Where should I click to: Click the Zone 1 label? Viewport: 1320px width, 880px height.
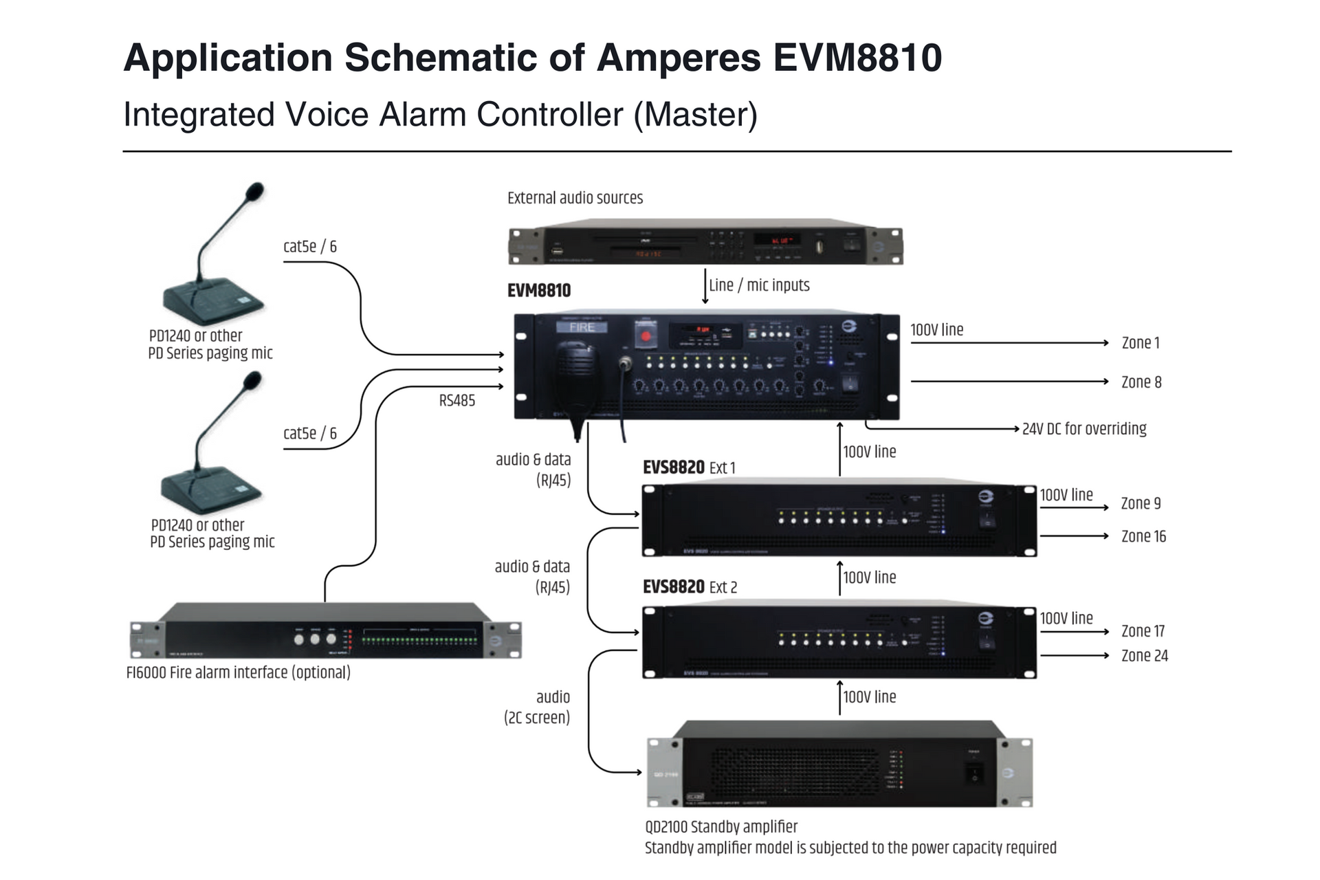(x=1140, y=342)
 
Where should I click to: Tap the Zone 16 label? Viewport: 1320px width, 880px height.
(x=1143, y=536)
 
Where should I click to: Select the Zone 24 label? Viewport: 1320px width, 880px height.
(x=1144, y=656)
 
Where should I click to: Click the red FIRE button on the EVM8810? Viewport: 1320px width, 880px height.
(x=645, y=336)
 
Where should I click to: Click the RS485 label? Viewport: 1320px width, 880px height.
(x=457, y=401)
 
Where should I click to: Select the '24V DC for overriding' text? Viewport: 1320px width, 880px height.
(x=1083, y=429)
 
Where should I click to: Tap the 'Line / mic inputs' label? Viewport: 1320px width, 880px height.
(x=759, y=285)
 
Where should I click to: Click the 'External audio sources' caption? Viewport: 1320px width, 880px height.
(x=575, y=198)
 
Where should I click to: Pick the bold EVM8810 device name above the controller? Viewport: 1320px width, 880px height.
(x=539, y=291)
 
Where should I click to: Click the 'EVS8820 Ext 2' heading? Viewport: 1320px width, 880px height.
(x=690, y=587)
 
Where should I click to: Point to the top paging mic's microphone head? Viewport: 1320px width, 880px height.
(x=254, y=191)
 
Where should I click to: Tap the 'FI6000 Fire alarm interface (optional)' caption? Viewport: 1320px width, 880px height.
(x=238, y=672)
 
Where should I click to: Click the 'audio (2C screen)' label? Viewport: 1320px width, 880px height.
(x=538, y=707)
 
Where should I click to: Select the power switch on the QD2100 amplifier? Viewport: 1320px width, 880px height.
(x=974, y=774)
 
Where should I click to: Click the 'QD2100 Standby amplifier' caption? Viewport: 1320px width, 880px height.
(x=720, y=827)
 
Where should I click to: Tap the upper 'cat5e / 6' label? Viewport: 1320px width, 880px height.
(x=310, y=247)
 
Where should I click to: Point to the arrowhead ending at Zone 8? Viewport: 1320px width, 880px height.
(x=1105, y=382)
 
